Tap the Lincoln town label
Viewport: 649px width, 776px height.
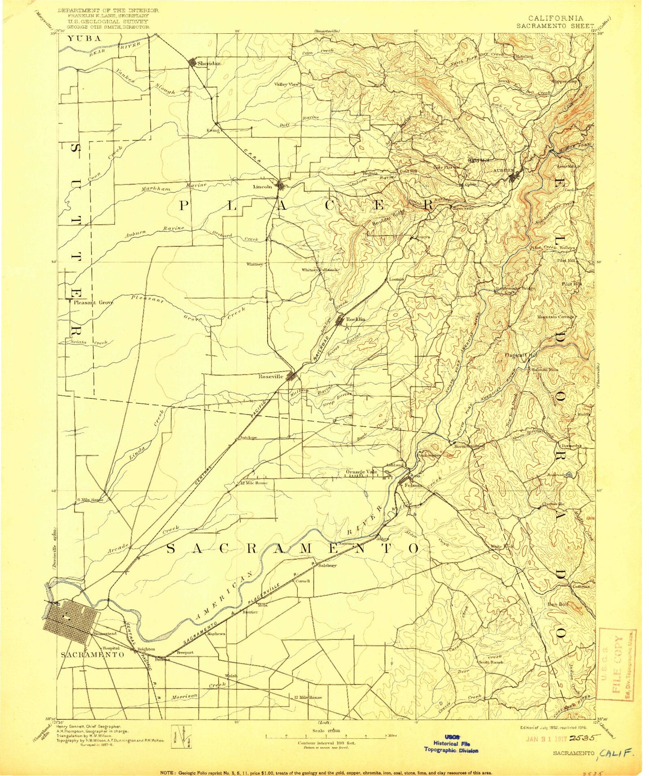[263, 187]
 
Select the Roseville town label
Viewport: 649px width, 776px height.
[271, 376]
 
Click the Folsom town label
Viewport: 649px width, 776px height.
[413, 485]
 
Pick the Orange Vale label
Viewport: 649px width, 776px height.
[361, 472]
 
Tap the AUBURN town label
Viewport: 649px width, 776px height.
[502, 170]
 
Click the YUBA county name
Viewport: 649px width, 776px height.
[84, 39]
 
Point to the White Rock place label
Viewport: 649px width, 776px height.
[501, 547]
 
